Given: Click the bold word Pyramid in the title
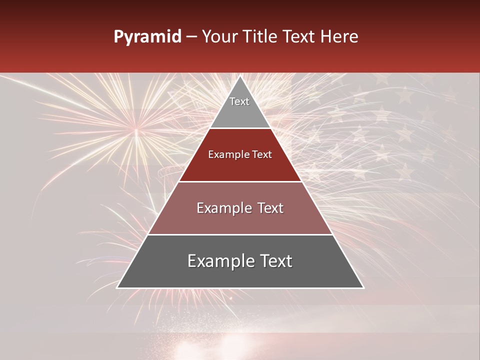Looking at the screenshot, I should click(147, 37).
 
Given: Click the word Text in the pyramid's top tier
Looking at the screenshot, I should click(239, 101).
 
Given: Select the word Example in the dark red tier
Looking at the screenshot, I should click(228, 155).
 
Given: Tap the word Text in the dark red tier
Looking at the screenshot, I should click(261, 155).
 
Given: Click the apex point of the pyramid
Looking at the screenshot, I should click(240, 76).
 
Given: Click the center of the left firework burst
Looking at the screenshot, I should click(136, 131).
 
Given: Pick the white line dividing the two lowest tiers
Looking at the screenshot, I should click(240, 234).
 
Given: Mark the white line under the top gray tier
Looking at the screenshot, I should click(240, 128).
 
